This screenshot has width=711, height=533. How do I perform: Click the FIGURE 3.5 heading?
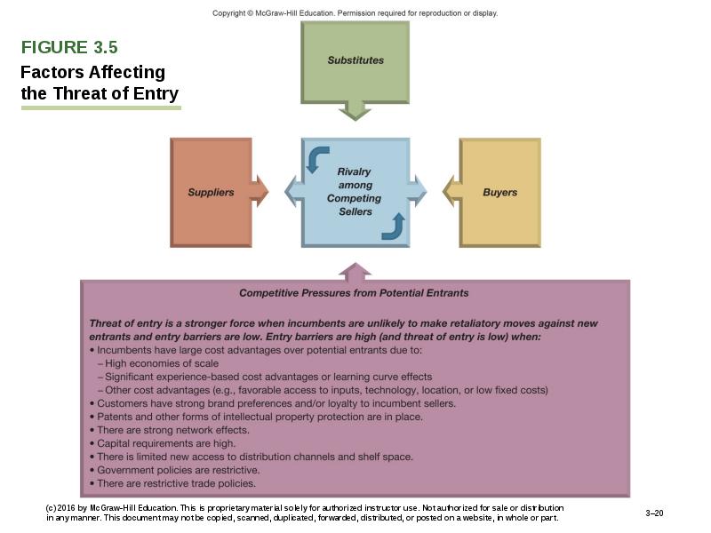pos(69,47)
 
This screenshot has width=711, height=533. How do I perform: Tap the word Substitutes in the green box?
pos(355,60)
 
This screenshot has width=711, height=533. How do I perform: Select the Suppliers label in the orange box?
pos(211,192)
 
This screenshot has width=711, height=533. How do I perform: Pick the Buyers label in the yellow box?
pos(499,192)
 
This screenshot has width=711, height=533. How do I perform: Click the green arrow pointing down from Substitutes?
pos(355,109)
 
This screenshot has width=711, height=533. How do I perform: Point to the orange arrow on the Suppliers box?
pos(259,191)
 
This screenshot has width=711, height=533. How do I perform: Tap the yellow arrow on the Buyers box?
pos(451,191)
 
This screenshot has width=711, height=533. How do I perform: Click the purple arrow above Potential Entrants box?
pos(355,270)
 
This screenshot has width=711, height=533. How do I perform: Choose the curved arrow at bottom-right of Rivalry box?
pos(394,226)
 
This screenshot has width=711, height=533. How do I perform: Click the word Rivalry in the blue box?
pos(354,171)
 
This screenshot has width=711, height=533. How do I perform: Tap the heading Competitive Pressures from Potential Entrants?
pos(354,292)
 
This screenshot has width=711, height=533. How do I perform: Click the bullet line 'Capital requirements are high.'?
pos(165,443)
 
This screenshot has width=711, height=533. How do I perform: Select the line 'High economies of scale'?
pos(161,363)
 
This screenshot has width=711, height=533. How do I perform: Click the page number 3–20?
pos(654,513)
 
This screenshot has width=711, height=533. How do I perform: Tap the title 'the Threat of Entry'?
pos(100,93)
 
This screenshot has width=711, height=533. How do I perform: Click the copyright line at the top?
pos(355,13)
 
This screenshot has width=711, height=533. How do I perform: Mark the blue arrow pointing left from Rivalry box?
pos(294,191)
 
